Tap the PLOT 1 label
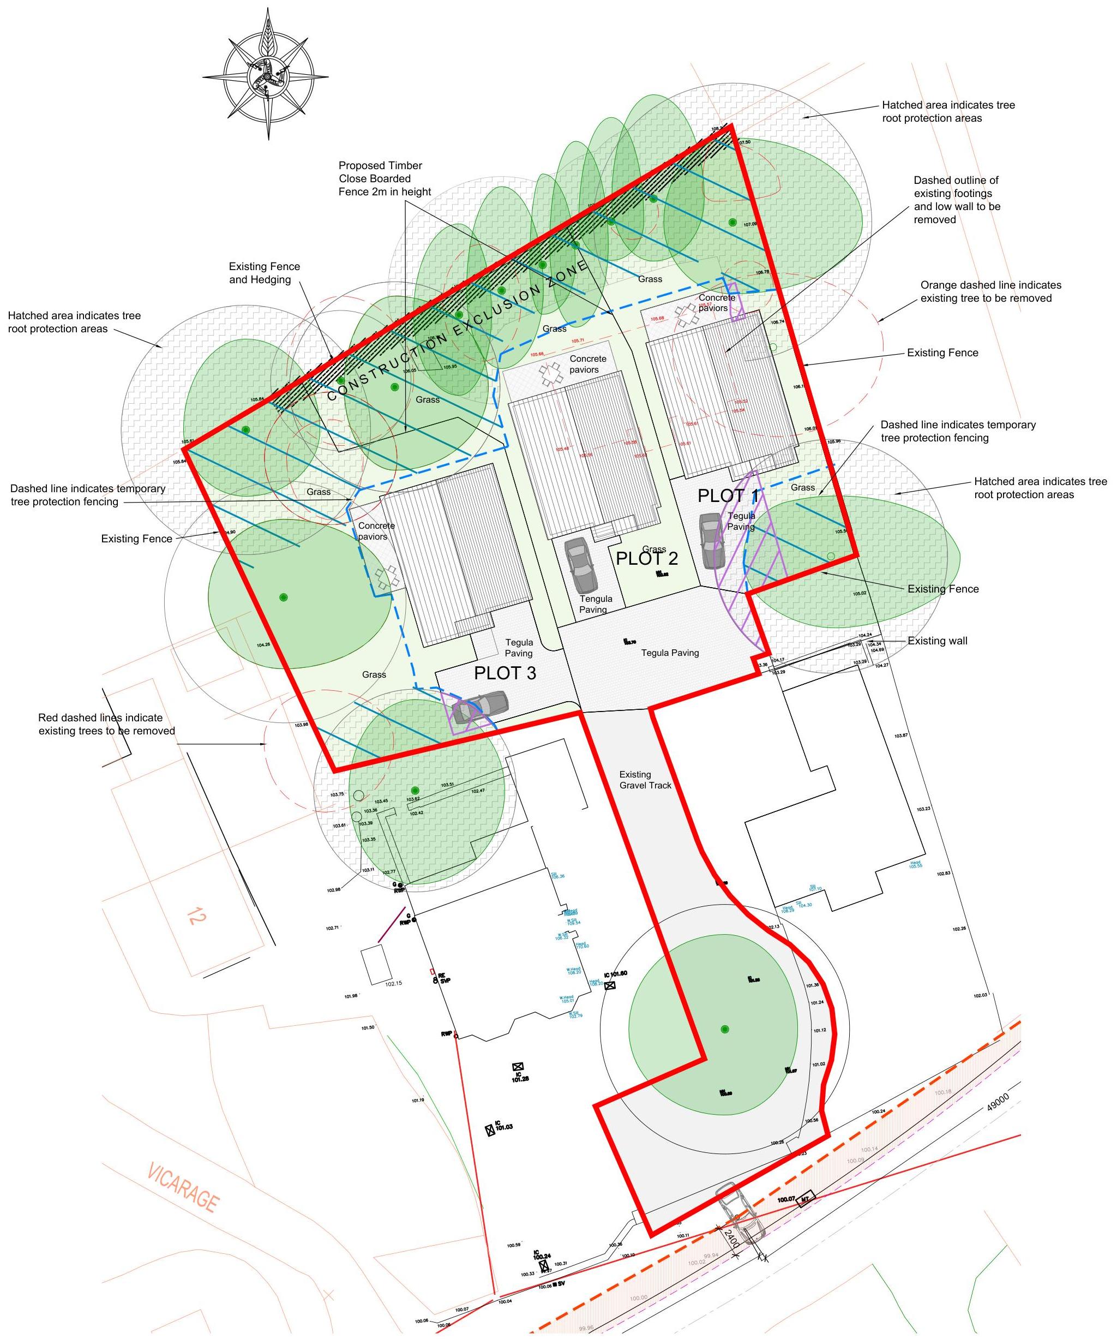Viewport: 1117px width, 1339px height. tap(728, 496)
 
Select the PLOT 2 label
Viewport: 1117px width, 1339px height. tap(647, 559)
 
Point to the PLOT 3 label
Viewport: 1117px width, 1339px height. tap(505, 673)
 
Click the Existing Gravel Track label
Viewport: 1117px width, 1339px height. tap(645, 780)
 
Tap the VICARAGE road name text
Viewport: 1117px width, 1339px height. tap(183, 1188)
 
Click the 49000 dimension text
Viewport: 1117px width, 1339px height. tap(998, 1102)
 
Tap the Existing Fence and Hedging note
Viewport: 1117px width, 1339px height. tap(264, 273)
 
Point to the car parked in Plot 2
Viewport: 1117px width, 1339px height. tap(581, 565)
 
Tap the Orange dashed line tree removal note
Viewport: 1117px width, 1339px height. tap(990, 291)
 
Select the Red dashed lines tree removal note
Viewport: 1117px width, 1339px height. tap(106, 724)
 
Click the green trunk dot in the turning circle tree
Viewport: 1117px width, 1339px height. tap(724, 1029)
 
